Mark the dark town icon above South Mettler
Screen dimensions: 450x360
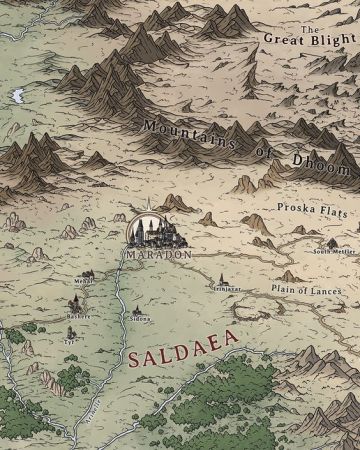pyautogui.click(x=331, y=241)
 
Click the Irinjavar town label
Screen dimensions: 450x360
pyautogui.click(x=226, y=288)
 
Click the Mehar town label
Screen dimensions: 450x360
pyautogui.click(x=84, y=283)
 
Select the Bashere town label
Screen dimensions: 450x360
pyautogui.click(x=78, y=316)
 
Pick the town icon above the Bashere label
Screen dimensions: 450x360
pyautogui.click(x=76, y=304)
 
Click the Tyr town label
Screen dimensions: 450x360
pyautogui.click(x=69, y=339)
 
